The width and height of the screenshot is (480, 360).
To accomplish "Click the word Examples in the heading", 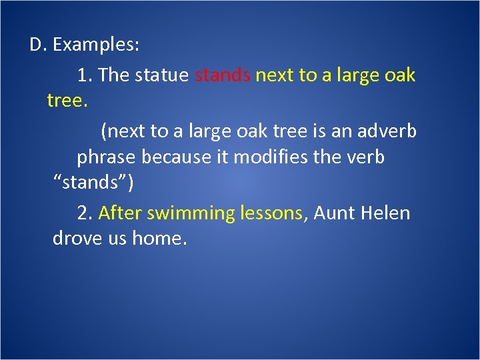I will click(x=96, y=45).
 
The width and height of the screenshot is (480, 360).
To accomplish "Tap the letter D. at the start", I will click(x=37, y=45).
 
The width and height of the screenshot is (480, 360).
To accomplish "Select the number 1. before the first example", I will click(x=85, y=75).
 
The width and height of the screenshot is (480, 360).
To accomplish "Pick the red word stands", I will click(x=223, y=75).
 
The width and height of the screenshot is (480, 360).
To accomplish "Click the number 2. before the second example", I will click(x=85, y=213).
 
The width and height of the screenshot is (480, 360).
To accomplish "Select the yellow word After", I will click(x=120, y=213).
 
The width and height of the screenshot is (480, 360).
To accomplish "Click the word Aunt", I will click(x=335, y=213).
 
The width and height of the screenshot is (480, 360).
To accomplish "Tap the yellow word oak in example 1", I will click(x=400, y=75).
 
